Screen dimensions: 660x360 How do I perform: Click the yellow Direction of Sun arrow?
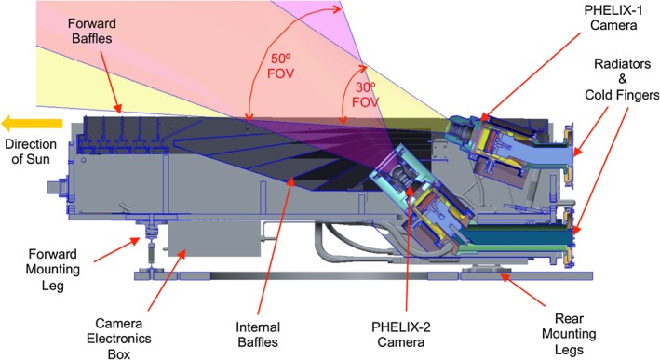pyautogui.click(x=32, y=124)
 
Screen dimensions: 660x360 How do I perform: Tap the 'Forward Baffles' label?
pyautogui.click(x=92, y=31)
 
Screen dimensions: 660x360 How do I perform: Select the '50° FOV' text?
pyautogui.click(x=280, y=66)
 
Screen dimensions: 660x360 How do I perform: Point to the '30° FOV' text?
pyautogui.click(x=365, y=95)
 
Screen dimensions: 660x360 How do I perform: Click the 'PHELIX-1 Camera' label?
pyautogui.click(x=613, y=18)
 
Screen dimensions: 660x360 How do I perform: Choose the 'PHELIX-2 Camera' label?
pyautogui.click(x=400, y=334)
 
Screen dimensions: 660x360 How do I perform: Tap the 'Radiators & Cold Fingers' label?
pyautogui.click(x=622, y=79)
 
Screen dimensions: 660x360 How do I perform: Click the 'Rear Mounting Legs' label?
pyautogui.click(x=569, y=334)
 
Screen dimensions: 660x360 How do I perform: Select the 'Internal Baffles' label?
pyautogui.click(x=258, y=334)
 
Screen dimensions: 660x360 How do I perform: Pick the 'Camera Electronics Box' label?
pyautogui.click(x=119, y=339)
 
